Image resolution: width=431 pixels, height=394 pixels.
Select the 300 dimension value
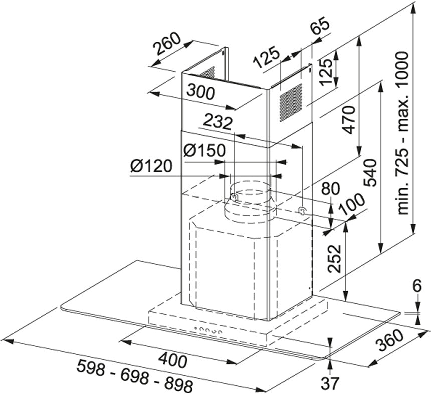click(x=200, y=91)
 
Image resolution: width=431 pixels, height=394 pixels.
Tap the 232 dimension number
click(x=218, y=123)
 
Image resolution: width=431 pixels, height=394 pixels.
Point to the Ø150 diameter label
click(x=203, y=150)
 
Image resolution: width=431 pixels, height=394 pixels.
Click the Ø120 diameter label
click(x=151, y=167)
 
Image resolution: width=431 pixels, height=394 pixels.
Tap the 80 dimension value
click(x=330, y=189)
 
